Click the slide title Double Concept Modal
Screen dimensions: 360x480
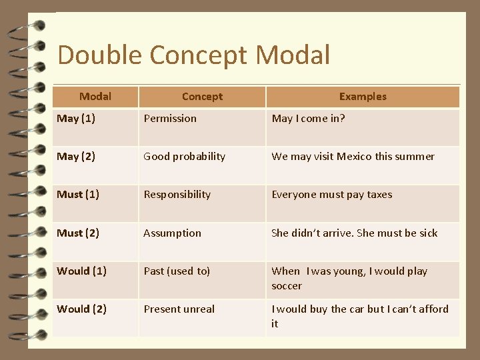click(193, 55)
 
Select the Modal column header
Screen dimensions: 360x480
click(95, 97)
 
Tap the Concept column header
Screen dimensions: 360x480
click(202, 97)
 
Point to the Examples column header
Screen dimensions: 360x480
click(363, 97)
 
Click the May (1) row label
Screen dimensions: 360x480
click(76, 119)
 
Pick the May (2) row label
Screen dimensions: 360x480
click(76, 157)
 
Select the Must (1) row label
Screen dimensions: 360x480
click(78, 195)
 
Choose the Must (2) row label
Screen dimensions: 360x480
click(78, 233)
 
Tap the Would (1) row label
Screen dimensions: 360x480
click(81, 271)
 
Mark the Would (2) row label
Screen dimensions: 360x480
click(81, 309)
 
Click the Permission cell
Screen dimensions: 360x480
click(170, 119)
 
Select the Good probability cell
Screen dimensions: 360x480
click(184, 157)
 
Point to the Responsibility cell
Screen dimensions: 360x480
click(177, 195)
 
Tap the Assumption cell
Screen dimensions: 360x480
click(172, 233)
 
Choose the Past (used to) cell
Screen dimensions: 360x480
click(177, 271)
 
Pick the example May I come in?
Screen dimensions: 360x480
click(308, 119)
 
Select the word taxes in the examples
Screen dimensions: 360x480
click(379, 195)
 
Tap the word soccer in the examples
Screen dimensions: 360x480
click(287, 286)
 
